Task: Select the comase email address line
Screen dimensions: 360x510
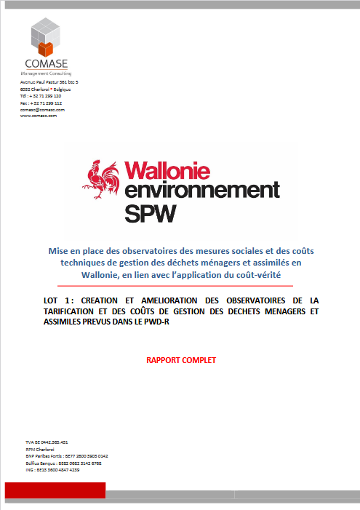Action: pos(42,109)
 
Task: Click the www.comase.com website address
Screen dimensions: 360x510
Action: pos(39,116)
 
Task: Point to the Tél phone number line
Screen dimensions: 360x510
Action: pos(40,96)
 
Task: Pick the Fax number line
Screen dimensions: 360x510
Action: pos(41,103)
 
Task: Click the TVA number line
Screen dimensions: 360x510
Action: pos(47,442)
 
